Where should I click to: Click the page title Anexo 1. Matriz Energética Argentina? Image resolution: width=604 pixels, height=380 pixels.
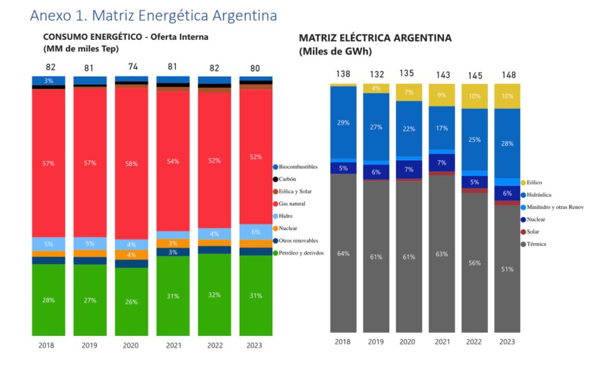pos(153,15)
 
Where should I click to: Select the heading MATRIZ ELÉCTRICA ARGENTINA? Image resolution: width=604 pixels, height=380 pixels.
pos(375,38)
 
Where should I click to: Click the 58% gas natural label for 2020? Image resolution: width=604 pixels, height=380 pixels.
pos(132,163)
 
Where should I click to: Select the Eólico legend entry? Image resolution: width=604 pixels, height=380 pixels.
pos(534,182)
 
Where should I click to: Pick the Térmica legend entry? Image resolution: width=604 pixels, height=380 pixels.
pos(536,244)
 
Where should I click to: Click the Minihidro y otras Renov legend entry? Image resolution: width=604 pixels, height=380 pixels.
pos(555,207)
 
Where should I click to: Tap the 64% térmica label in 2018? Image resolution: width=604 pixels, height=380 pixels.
pos(343,254)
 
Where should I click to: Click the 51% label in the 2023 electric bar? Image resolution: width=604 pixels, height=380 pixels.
pos(507,269)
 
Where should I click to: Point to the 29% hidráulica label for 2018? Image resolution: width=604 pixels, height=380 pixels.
pos(343,123)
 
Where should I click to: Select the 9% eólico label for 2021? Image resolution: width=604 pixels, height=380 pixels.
pos(442,94)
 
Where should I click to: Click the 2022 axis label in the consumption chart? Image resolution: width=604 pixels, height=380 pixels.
pos(214,346)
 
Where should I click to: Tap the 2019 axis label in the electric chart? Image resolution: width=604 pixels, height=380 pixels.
pos(376,342)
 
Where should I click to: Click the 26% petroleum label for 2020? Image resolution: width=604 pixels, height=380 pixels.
pos(132,301)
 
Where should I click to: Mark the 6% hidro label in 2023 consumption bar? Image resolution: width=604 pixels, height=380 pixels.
pos(256,232)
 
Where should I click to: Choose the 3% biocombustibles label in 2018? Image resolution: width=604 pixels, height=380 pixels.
pos(48,80)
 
